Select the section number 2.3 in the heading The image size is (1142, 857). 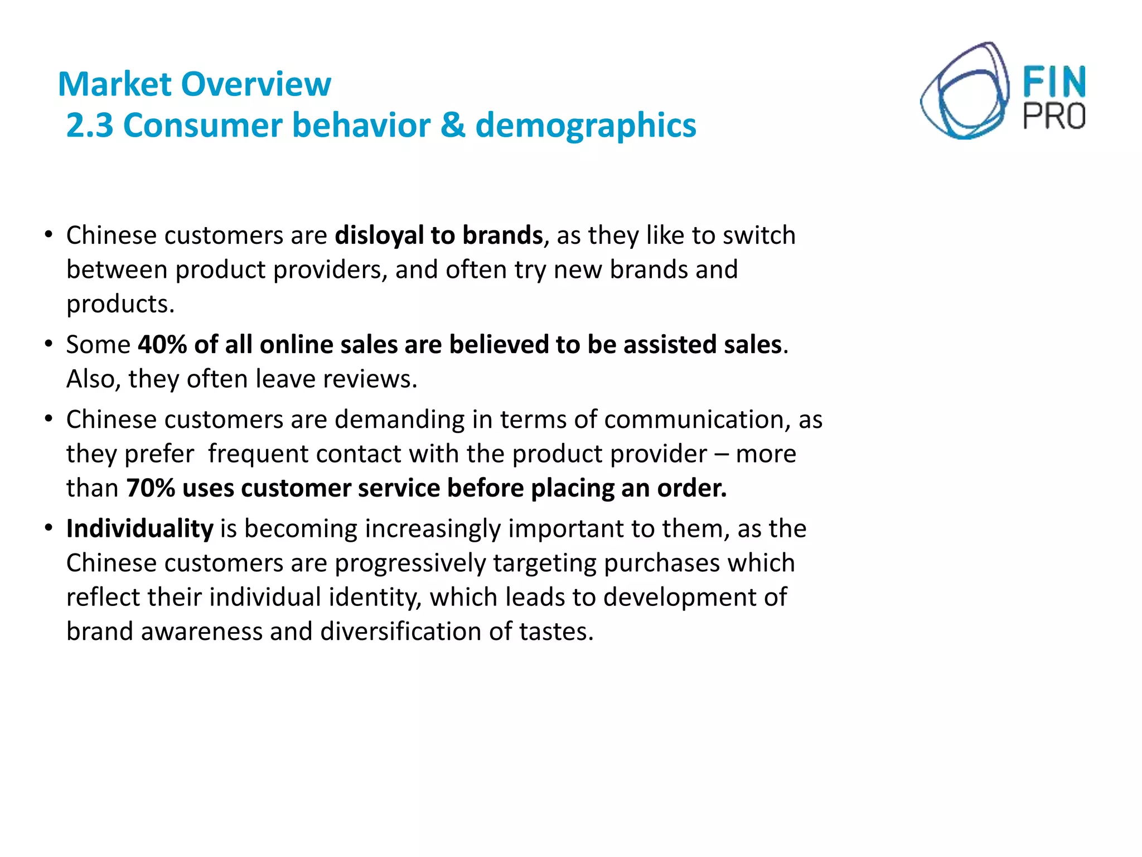[x=90, y=125]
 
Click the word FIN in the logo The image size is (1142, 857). [x=1054, y=83]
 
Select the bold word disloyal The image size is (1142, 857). [x=379, y=235]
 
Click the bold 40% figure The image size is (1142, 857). [x=162, y=345]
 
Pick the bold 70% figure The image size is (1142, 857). [x=151, y=488]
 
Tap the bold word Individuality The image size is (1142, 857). [x=139, y=529]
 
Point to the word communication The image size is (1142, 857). [x=696, y=420]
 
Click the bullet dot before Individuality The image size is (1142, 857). [x=49, y=527]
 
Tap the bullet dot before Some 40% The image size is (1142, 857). [x=49, y=343]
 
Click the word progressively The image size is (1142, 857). [x=410, y=564]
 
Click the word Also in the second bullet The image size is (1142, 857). [x=93, y=379]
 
